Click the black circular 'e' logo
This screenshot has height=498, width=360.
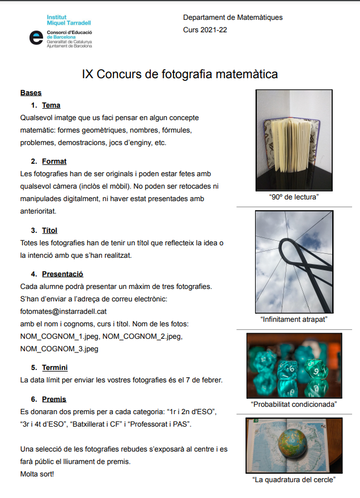(36, 37)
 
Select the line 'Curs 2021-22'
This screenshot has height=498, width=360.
(205, 29)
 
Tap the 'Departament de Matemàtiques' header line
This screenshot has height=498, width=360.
(232, 18)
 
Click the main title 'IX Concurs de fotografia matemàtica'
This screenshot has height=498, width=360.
(180, 74)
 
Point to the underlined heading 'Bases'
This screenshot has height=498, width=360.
(31, 93)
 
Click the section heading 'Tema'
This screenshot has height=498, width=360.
(51, 105)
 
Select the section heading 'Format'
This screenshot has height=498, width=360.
(54, 161)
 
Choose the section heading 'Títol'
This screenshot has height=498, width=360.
(50, 231)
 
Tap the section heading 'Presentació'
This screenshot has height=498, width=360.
(62, 274)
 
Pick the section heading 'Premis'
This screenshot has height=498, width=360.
(54, 399)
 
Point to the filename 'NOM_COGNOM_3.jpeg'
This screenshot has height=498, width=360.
(59, 349)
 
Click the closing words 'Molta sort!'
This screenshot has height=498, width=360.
(37, 473)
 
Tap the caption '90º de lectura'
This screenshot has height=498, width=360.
(294, 197)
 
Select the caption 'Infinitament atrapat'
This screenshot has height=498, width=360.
(294, 319)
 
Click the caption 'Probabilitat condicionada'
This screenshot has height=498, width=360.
(294, 405)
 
